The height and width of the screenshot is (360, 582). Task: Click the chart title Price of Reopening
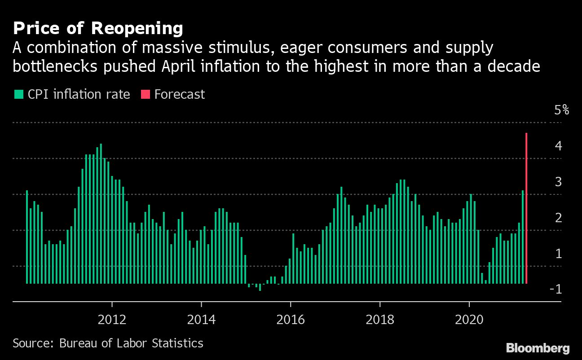tap(98, 29)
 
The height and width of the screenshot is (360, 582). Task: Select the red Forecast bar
tap(526, 208)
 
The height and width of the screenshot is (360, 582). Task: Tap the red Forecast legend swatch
tap(146, 94)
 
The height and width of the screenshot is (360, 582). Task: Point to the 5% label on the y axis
tap(561, 110)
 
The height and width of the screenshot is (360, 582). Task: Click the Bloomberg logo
tap(538, 348)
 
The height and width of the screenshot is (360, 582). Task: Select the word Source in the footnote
tap(31, 343)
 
